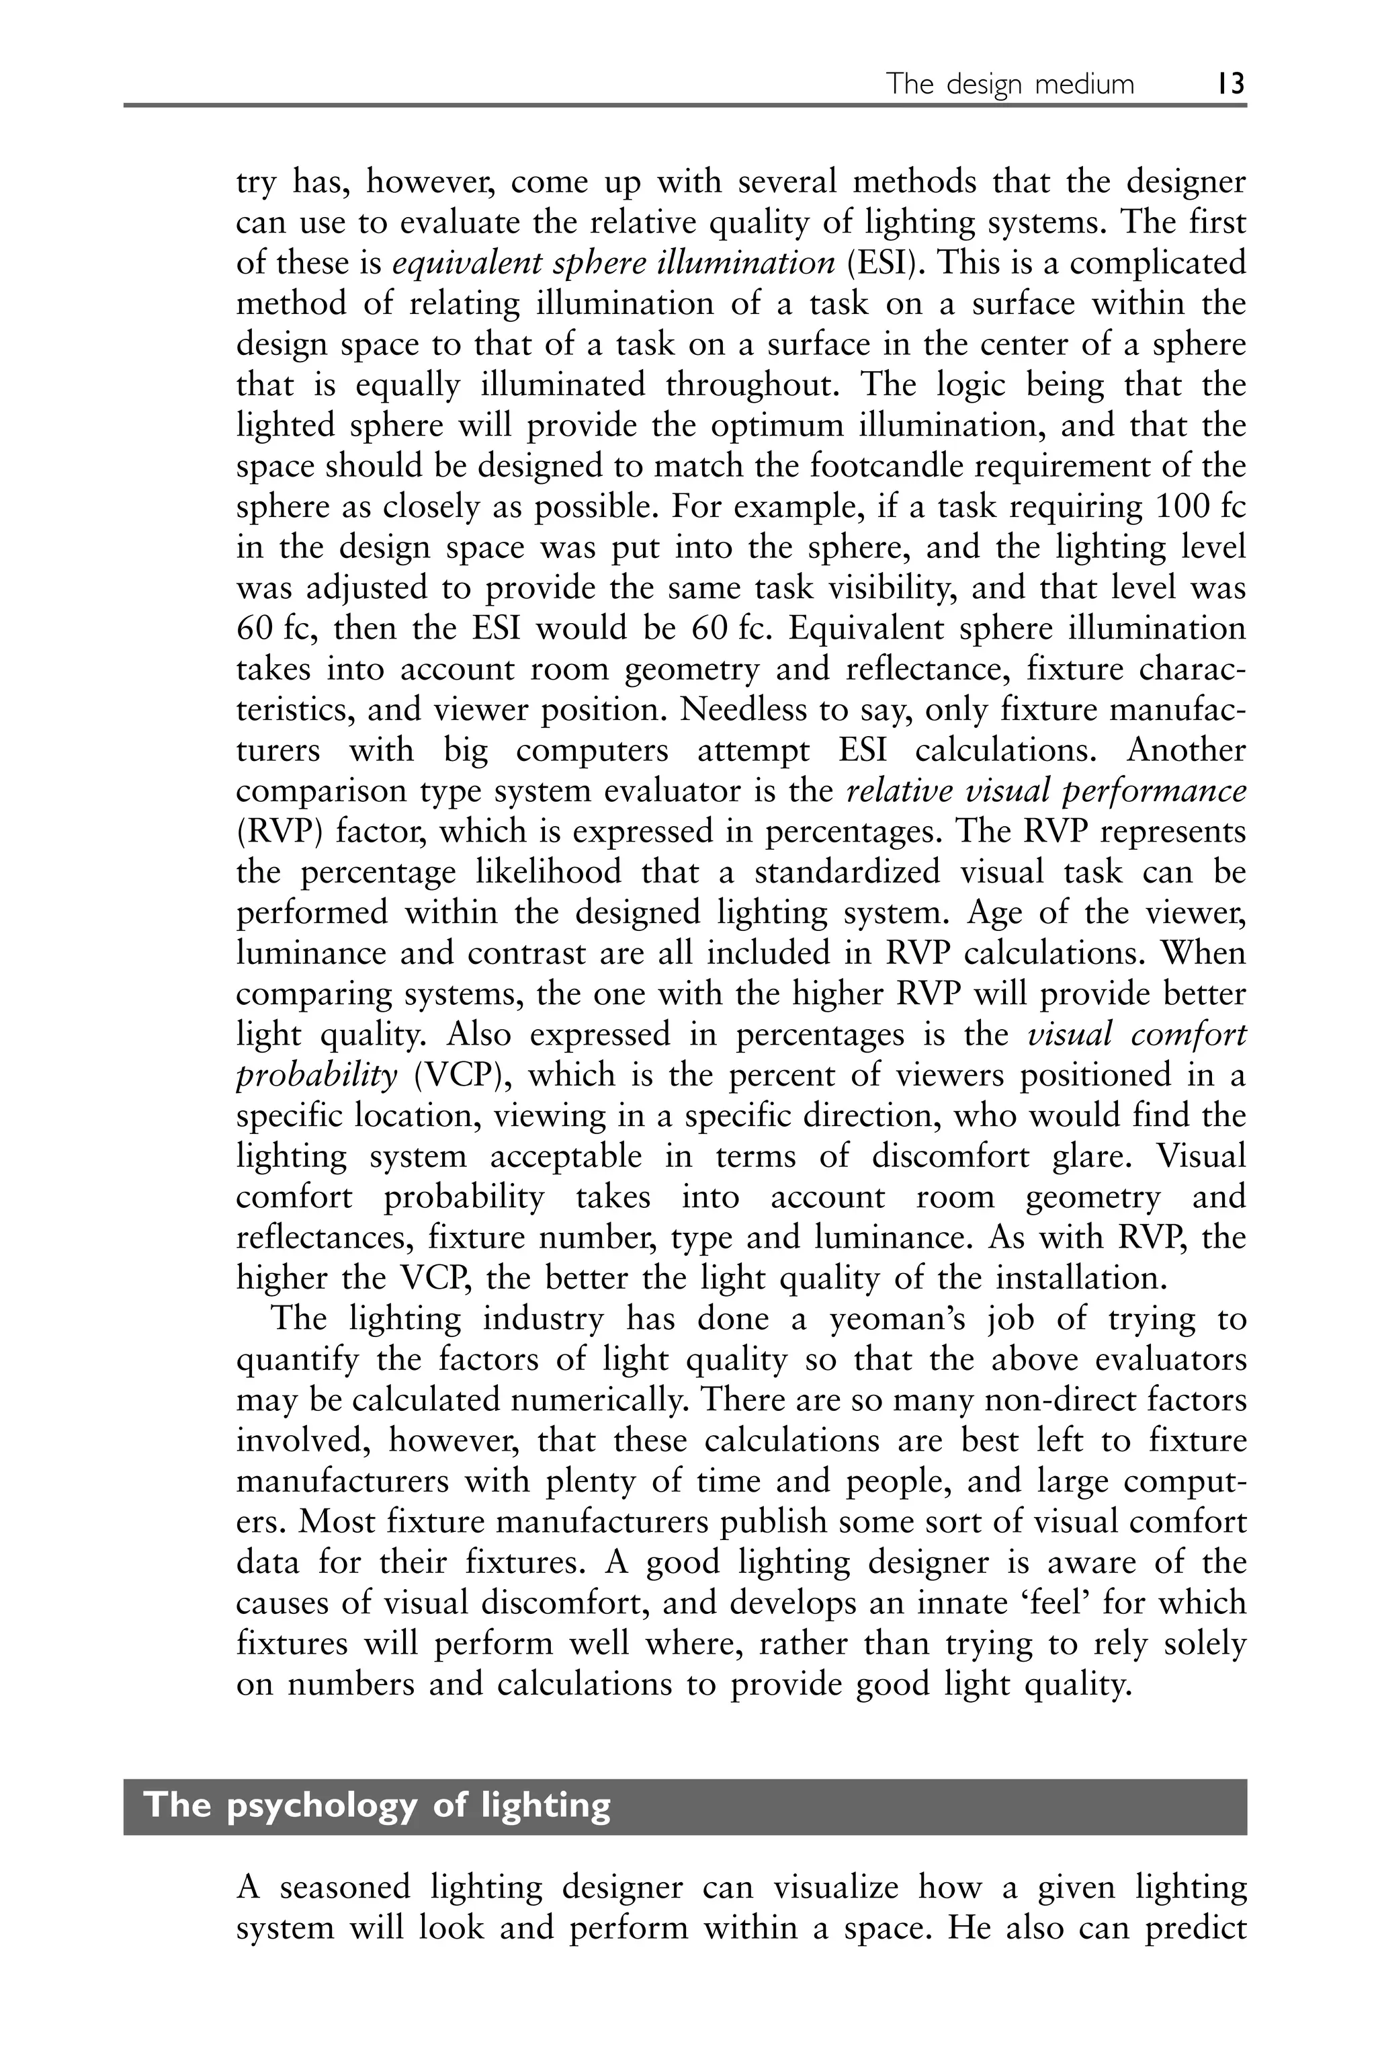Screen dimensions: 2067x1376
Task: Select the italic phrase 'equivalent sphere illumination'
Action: coord(613,264)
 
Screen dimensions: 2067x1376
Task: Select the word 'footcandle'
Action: coord(898,466)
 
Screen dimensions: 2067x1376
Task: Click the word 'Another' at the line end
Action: coord(1186,750)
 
